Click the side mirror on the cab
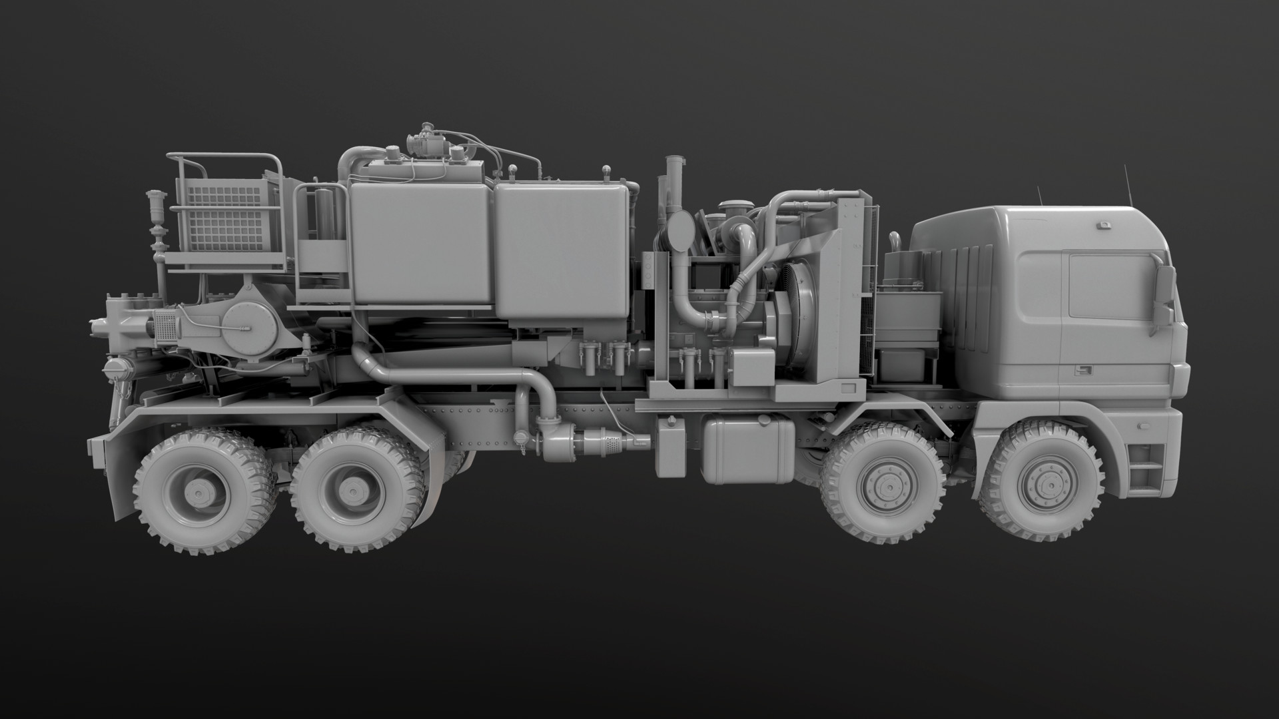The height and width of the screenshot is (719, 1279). pyautogui.click(x=1163, y=294)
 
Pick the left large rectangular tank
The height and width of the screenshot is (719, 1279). pyautogui.click(x=421, y=242)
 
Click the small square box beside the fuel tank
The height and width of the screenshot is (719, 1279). pyautogui.click(x=670, y=446)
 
